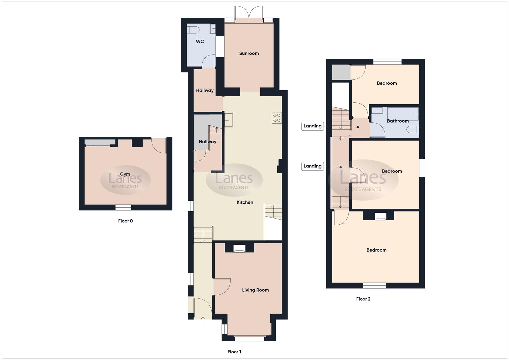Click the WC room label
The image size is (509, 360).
point(200,42)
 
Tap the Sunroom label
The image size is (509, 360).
point(249,53)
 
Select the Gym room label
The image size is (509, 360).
point(125,174)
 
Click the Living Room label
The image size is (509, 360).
point(255,290)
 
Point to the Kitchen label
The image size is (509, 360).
point(245,202)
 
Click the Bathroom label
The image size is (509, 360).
point(398,121)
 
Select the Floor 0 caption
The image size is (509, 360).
point(125,221)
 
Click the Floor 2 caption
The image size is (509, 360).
point(363,299)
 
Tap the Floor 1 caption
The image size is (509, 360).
point(234,352)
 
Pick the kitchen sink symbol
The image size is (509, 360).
point(229,120)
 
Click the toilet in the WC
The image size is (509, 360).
point(193,30)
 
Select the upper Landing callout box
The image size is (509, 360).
point(312,126)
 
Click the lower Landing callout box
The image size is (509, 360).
point(312,166)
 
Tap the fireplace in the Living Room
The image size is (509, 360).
point(239,249)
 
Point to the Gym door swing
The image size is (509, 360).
point(159,145)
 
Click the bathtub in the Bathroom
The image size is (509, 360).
point(403,114)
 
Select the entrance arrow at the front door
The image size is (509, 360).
point(203,319)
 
